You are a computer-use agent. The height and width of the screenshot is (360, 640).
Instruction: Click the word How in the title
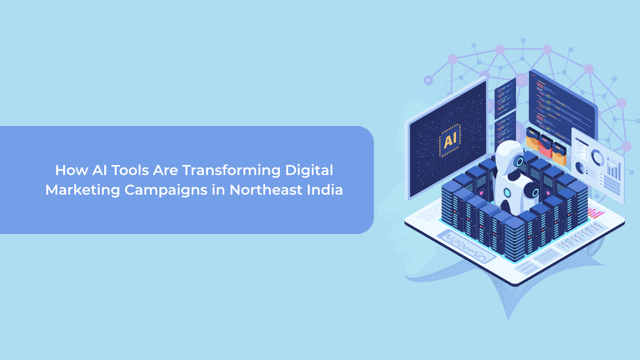pos(71,170)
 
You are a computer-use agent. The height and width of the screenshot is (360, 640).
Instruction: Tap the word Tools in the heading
pos(130,170)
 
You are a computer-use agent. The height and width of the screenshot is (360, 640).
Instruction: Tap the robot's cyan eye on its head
pos(519,162)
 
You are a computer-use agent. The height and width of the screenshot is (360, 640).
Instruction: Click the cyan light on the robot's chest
pos(507,192)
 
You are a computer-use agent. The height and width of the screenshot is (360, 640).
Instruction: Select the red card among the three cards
pos(546,146)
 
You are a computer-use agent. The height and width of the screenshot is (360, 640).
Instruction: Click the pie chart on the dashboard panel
pos(580,168)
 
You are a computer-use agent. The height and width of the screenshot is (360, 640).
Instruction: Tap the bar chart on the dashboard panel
pos(614,170)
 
